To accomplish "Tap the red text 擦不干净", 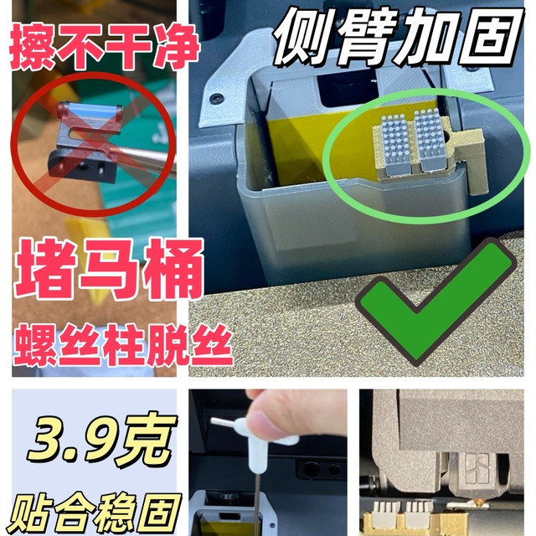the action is click(105, 47).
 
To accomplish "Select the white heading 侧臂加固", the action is click(399, 36).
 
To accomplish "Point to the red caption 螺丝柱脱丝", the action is click(123, 345).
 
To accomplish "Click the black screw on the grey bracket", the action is click(216, 98).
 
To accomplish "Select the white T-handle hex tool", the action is click(255, 445).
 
